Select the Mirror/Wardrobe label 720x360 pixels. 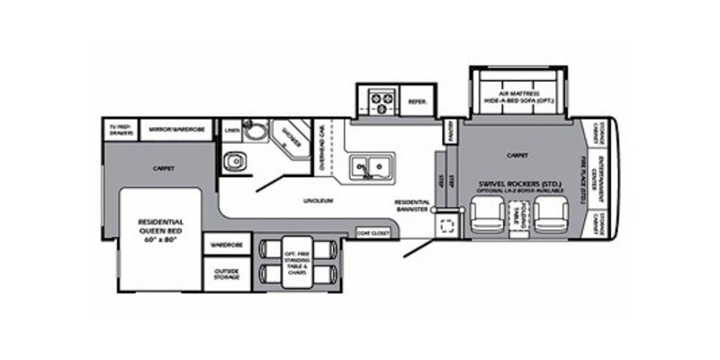point(175,130)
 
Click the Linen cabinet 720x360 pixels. point(232,130)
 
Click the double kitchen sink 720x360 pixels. point(372,166)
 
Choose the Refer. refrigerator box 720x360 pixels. point(417,102)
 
